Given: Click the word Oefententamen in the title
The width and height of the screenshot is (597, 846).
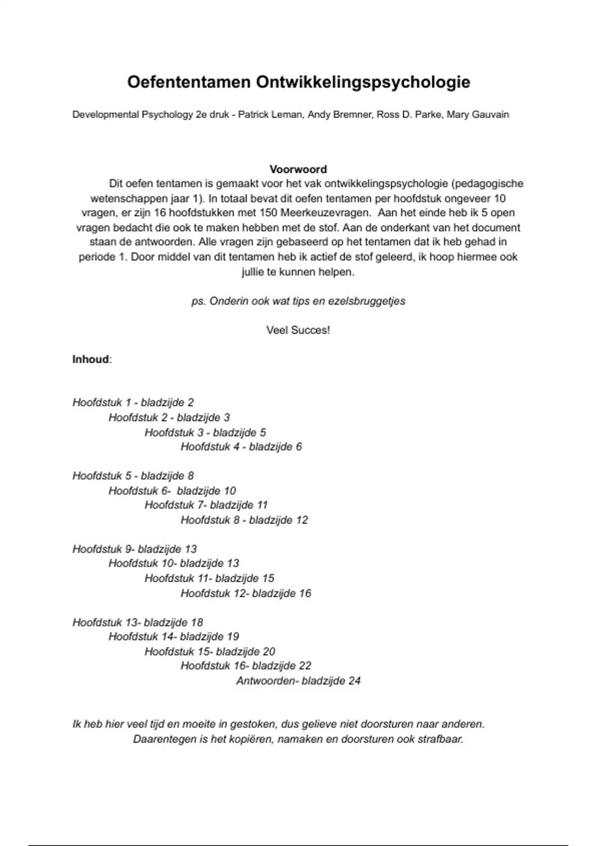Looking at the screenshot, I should (189, 82).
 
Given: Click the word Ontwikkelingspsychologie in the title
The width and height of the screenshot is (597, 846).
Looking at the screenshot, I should (363, 82).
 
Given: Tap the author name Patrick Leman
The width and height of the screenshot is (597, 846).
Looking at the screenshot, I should (269, 115).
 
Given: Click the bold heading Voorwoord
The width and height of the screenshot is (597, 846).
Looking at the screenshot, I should (298, 169).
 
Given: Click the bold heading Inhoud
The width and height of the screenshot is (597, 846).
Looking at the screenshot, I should (91, 359).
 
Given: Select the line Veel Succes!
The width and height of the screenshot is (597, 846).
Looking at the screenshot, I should (298, 330).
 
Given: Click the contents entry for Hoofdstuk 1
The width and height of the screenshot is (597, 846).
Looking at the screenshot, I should (133, 403).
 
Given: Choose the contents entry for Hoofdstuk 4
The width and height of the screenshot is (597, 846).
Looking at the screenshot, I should (241, 447).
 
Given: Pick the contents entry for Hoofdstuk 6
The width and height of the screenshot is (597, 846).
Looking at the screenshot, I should (172, 491).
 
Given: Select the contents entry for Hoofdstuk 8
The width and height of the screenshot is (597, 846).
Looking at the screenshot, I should (244, 521).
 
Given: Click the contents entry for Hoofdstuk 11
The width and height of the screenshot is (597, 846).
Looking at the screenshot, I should (209, 579).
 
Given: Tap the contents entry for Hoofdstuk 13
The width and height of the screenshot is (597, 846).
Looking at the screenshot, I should (138, 623).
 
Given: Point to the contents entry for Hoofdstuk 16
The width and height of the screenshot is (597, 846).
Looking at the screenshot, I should (246, 666).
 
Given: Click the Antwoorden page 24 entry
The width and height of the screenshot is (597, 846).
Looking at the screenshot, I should (298, 681).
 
